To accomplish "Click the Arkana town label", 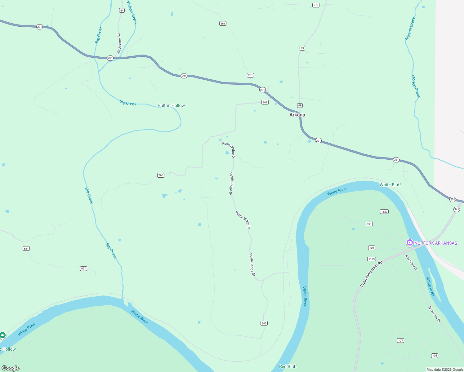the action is [x=297, y=115].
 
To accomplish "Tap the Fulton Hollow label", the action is [x=172, y=105].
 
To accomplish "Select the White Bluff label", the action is [x=390, y=185].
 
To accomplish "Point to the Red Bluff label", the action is [x=288, y=366].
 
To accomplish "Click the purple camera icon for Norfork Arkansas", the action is [x=410, y=243].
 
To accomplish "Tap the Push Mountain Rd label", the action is [x=371, y=274].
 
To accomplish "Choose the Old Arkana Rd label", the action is [x=118, y=44].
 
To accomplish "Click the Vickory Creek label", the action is [x=132, y=12].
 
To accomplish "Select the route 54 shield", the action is [x=122, y=11].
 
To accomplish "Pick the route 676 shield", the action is [x=316, y=5].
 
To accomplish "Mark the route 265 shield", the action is [x=161, y=175].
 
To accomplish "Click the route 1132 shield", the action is [x=384, y=212].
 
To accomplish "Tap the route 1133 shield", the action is [x=371, y=259].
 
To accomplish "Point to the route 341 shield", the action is [x=457, y=210].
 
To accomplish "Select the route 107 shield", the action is [x=400, y=341].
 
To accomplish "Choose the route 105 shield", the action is [x=435, y=356].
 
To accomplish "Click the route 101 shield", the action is [x=369, y=224].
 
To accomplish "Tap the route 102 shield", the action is [x=372, y=248].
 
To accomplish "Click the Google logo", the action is [x=11, y=368].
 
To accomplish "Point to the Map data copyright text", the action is [x=445, y=370].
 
